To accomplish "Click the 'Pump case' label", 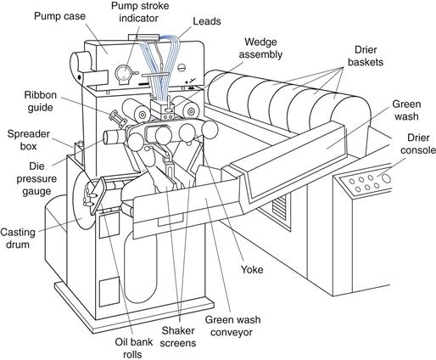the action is (x=59, y=16).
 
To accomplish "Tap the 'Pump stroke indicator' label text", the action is (x=140, y=12).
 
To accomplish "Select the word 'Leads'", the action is (x=207, y=21).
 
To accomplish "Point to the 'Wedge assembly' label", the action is (x=260, y=48).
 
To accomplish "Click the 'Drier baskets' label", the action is (x=366, y=56).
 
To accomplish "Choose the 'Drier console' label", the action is (x=418, y=143).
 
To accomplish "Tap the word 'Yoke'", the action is (x=252, y=269).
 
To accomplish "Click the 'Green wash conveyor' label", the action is (x=232, y=326).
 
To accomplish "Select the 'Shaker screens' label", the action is (x=178, y=337).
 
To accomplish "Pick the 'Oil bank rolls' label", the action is (x=133, y=348).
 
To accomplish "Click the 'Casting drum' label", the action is (x=18, y=239).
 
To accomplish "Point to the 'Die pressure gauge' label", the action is (x=36, y=179).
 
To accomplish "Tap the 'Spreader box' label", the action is (x=28, y=140).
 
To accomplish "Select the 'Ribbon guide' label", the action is (x=41, y=101).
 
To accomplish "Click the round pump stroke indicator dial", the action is (x=124, y=75).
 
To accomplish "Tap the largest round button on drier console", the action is (x=386, y=178).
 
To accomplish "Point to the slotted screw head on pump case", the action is (x=181, y=68).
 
